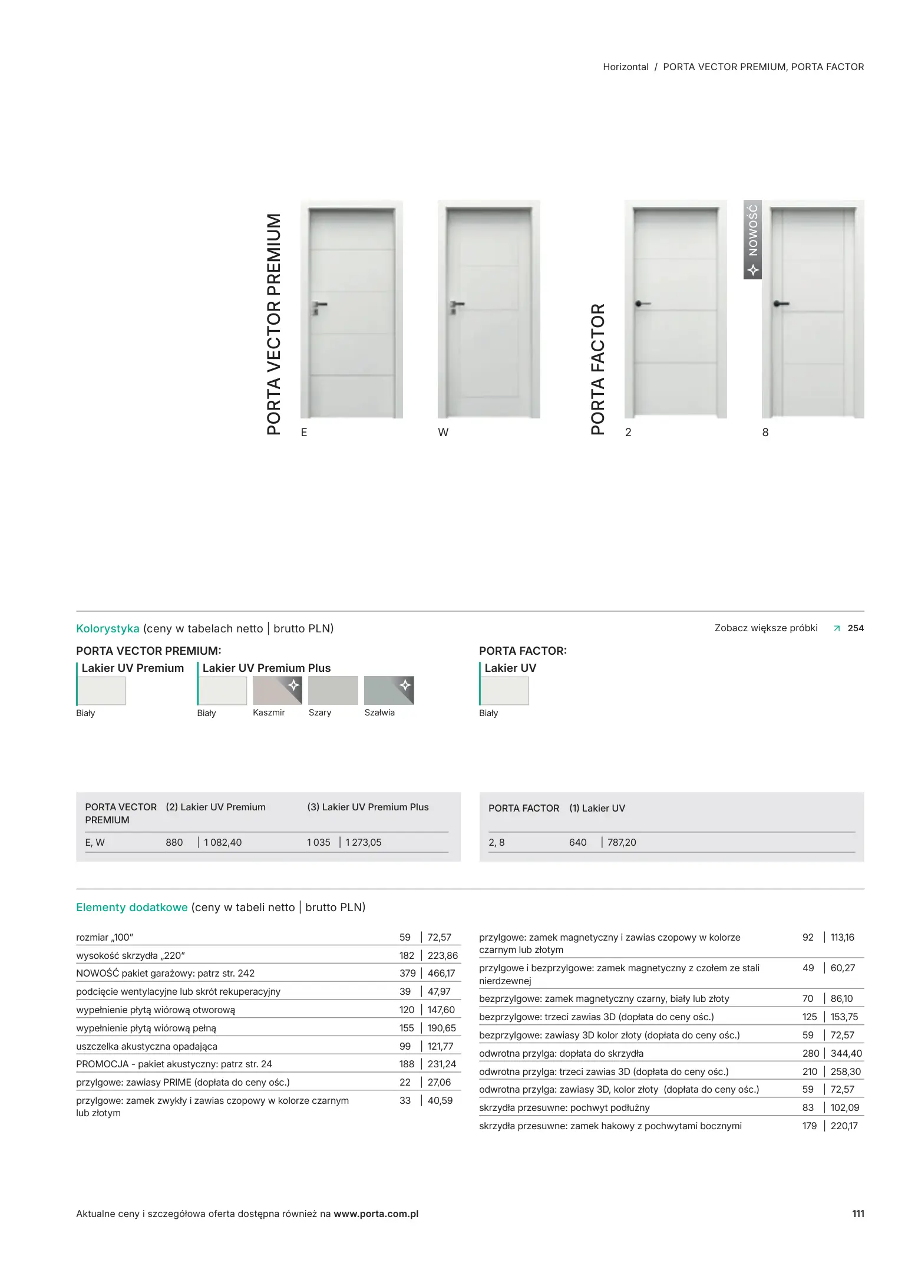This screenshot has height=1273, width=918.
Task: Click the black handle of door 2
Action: click(x=642, y=304)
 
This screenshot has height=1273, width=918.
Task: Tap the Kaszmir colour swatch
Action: click(x=277, y=690)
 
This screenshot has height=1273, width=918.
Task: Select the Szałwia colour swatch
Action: click(x=389, y=690)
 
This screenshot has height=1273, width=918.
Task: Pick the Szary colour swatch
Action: click(x=333, y=690)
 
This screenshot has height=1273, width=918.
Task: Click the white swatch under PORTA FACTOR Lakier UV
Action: click(x=505, y=691)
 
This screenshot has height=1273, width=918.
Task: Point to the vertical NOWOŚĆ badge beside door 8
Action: click(x=752, y=239)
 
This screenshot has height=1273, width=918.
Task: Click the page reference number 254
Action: click(x=856, y=628)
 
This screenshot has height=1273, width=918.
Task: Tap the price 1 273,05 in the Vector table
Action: click(x=364, y=842)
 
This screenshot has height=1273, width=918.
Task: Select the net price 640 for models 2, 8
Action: click(x=577, y=842)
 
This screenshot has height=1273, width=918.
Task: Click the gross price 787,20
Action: click(x=622, y=842)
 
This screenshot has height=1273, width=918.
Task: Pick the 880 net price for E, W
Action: click(x=174, y=842)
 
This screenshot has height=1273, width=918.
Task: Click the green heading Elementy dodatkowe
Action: click(x=132, y=907)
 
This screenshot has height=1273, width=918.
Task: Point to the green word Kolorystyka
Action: click(x=108, y=628)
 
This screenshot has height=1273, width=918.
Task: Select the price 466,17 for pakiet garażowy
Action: click(x=441, y=973)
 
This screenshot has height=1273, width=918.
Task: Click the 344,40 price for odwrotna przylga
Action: click(x=846, y=1053)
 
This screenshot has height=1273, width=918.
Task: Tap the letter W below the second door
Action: click(x=443, y=432)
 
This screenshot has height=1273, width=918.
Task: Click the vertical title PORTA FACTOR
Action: click(x=597, y=369)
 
